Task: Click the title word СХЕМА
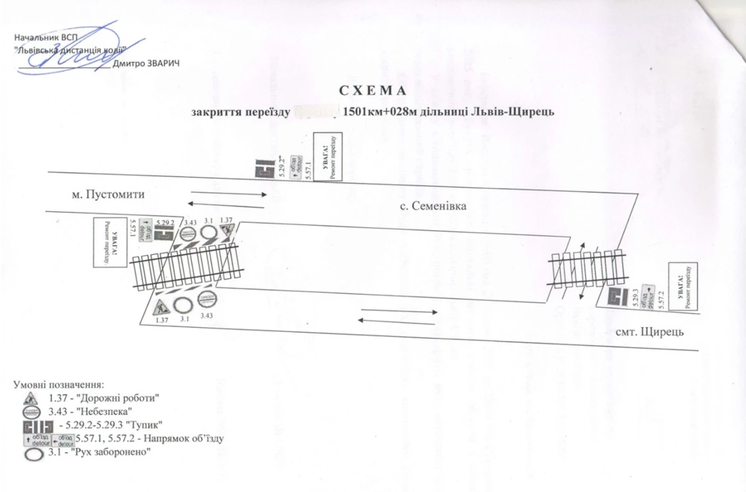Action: click(373, 91)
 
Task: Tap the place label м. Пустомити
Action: click(108, 194)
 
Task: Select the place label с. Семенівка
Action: click(433, 206)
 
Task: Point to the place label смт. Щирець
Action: click(650, 332)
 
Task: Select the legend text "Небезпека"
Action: click(105, 411)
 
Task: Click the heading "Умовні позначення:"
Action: click(59, 385)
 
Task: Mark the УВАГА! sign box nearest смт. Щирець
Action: click(683, 286)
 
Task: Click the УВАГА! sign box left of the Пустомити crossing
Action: click(110, 243)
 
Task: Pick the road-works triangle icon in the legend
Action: click(30, 398)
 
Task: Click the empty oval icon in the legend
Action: click(34, 455)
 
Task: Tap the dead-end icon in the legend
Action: click(38, 426)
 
